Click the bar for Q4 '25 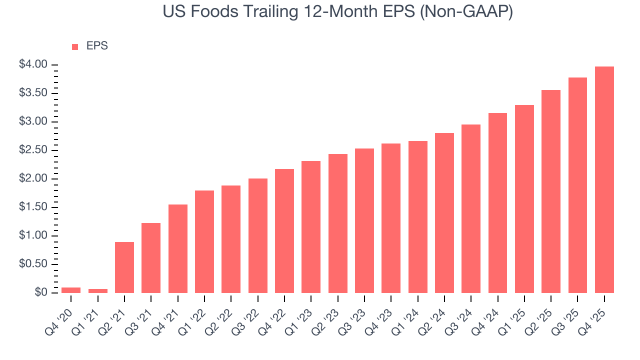pyautogui.click(x=604, y=179)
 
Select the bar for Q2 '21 pyautogui.click(x=124, y=267)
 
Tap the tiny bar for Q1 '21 pyautogui.click(x=97, y=290)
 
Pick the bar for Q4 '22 pyautogui.click(x=284, y=230)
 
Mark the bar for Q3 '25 pyautogui.click(x=577, y=185)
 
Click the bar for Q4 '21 pyautogui.click(x=177, y=248)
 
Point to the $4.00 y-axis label pyautogui.click(x=33, y=64)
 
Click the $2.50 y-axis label pyautogui.click(x=33, y=150)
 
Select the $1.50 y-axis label pyautogui.click(x=33, y=207)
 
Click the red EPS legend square pyautogui.click(x=75, y=46)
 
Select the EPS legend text pyautogui.click(x=97, y=46)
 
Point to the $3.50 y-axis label pyautogui.click(x=33, y=93)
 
